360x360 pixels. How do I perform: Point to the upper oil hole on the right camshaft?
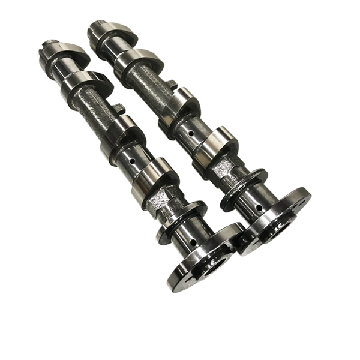191,133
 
